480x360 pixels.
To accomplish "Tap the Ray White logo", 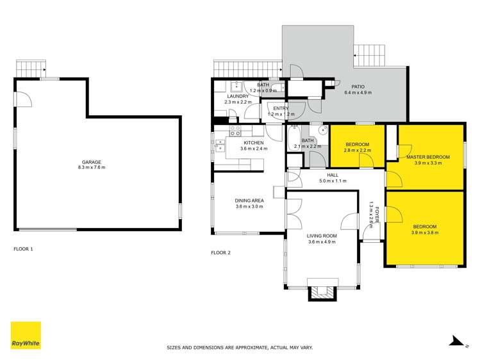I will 26,336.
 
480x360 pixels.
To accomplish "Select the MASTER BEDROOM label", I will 428,157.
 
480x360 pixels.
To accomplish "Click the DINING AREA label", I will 249,200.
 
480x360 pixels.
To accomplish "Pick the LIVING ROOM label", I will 322,236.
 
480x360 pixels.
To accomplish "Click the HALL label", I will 332,174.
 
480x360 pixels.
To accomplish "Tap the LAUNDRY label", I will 237,96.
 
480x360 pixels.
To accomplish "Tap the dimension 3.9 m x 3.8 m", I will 425,233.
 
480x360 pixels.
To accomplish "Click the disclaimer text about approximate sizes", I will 240,347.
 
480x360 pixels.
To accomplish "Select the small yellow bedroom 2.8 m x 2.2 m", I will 358,146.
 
